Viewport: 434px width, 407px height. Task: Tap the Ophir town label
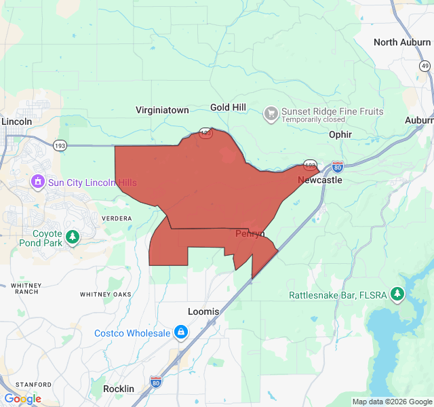340,134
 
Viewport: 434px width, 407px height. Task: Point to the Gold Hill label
229,109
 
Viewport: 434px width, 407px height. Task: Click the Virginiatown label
162,110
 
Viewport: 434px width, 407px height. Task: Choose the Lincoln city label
17,121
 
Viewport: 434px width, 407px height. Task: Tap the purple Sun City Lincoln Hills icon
37,182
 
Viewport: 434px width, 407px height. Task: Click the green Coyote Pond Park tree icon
73,237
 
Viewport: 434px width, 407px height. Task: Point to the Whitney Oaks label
105,294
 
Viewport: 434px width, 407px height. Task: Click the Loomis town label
203,311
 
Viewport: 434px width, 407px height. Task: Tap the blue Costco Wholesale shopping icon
181,332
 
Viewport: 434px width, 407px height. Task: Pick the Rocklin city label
119,389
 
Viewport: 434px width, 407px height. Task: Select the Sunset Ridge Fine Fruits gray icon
271,113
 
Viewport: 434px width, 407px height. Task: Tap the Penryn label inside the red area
250,234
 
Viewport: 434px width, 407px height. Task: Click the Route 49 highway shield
425,66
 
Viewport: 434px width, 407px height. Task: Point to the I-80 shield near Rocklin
156,382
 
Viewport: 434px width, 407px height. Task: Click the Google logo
22,399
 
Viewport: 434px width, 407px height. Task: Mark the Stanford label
34,384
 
